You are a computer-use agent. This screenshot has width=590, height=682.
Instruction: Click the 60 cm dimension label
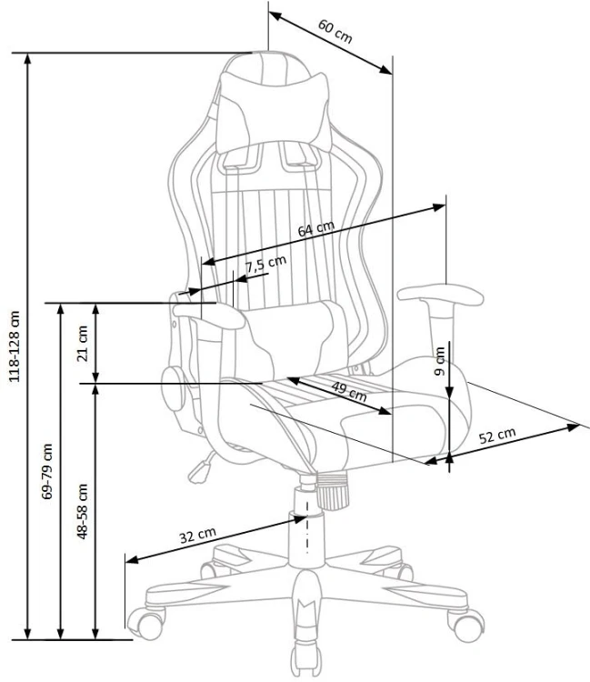335,31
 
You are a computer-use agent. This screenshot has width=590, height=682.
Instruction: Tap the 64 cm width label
316,229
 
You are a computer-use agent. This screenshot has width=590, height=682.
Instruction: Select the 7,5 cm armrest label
265,264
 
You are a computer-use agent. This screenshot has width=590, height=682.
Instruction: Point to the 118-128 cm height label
15,346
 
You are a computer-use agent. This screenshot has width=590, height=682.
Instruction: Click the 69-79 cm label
47,471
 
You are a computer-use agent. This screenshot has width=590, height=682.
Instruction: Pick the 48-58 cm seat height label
82,511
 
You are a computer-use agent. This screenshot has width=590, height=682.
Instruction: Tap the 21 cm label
82,343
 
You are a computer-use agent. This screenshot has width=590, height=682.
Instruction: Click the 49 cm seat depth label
349,391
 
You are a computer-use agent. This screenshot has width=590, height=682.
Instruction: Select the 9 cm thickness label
440,361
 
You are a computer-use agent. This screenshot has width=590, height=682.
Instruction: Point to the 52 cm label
497,436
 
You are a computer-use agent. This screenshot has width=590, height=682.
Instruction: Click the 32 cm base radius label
198,536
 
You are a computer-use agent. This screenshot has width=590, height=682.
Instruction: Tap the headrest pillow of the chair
274,113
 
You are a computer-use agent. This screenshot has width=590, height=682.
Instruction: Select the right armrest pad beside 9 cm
440,295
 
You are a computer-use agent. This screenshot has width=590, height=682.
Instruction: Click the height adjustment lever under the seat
202,467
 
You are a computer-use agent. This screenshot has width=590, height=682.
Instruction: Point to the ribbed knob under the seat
333,491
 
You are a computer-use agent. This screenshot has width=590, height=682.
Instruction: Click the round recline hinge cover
173,388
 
